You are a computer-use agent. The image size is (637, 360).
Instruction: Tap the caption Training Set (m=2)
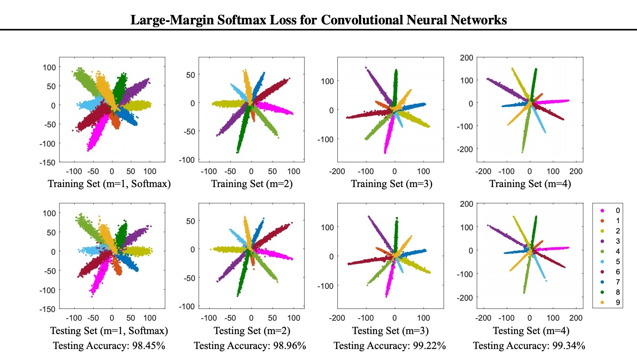pyautogui.click(x=252, y=184)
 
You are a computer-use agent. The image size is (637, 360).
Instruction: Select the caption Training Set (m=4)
pyautogui.click(x=530, y=184)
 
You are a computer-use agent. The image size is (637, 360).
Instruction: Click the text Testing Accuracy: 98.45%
pyautogui.click(x=109, y=346)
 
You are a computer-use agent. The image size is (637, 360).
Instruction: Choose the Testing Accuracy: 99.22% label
pyautogui.click(x=390, y=346)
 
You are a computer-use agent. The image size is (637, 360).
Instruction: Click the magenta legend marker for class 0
pyautogui.click(x=602, y=211)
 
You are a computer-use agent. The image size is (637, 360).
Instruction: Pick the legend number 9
pyautogui.click(x=618, y=303)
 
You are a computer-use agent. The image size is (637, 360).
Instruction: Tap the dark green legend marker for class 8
pyautogui.click(x=602, y=292)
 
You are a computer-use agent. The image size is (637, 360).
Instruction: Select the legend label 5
pyautogui.click(x=618, y=262)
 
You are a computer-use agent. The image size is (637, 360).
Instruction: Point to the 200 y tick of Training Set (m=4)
pyautogui.click(x=467, y=58)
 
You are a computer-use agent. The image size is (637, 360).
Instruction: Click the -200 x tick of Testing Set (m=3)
pyautogui.click(x=337, y=318)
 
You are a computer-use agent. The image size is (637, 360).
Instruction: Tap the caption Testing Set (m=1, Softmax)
pyautogui.click(x=109, y=331)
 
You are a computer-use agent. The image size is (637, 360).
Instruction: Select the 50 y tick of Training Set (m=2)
pyautogui.click(x=190, y=75)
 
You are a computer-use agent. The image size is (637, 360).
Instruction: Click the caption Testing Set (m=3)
pyautogui.click(x=390, y=331)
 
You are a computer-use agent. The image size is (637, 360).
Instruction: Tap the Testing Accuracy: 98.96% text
pyautogui.click(x=250, y=346)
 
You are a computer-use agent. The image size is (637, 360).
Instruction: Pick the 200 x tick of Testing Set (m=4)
pyautogui.click(x=576, y=318)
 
